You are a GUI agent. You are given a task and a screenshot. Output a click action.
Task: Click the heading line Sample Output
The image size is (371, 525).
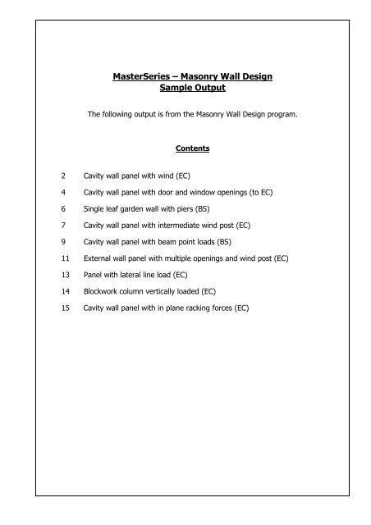click(185, 88)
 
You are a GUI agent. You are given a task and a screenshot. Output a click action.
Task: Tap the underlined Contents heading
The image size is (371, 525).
click(185, 150)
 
